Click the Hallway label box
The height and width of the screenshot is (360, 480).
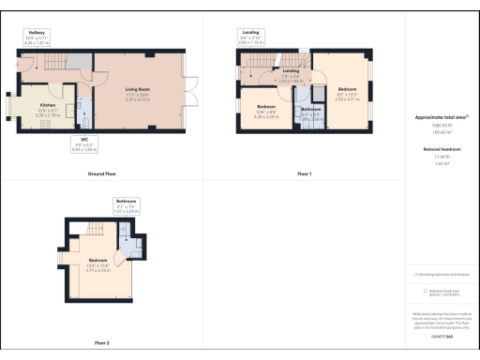37,37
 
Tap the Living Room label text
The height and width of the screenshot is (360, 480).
138,90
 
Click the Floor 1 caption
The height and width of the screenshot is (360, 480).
304,174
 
